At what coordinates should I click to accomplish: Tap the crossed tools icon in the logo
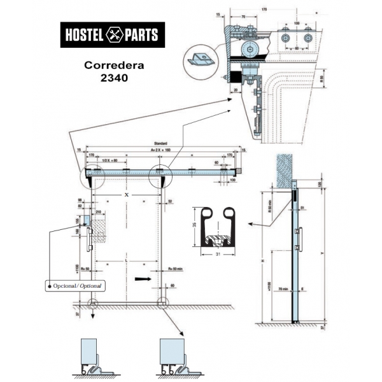coord(113,34)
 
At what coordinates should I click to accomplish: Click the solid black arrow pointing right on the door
coord(143,279)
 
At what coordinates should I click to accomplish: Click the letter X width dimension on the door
coord(127,194)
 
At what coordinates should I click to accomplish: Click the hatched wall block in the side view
coord(282,167)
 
